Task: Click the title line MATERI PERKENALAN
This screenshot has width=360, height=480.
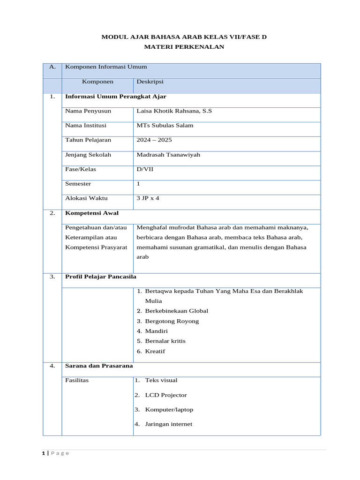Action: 184,46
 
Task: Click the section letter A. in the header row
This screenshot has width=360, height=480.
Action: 52,67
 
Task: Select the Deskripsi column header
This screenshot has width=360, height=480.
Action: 150,82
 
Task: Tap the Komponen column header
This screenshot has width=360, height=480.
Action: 97,82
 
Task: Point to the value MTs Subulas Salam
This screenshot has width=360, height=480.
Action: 165,126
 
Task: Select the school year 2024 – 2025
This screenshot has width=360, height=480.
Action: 154,140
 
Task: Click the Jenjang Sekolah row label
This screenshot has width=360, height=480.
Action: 88,155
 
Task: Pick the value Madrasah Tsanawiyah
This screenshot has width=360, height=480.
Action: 168,155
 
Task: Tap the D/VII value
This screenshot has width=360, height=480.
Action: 145,169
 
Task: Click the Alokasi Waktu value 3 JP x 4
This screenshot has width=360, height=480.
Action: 148,198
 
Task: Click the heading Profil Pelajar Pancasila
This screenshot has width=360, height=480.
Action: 100,277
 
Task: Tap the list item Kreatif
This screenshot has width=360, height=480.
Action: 155,351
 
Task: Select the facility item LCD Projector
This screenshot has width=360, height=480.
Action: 165,395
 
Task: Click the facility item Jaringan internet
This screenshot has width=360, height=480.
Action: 168,424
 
